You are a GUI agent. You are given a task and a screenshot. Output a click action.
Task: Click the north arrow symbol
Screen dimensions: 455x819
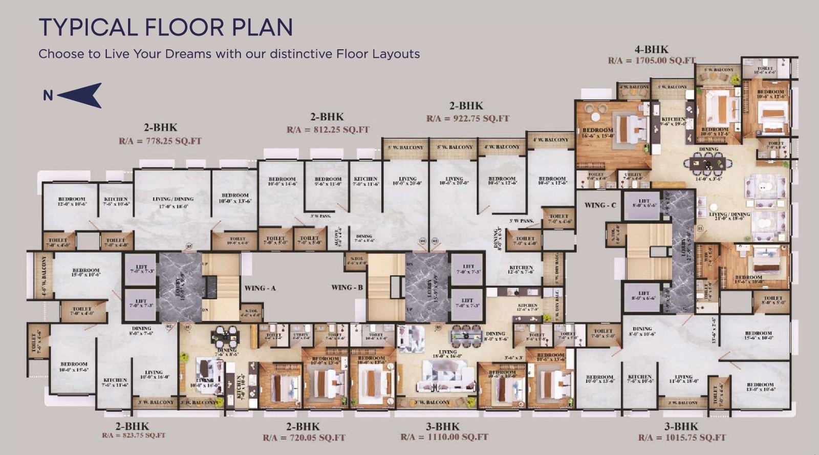click(x=81, y=96)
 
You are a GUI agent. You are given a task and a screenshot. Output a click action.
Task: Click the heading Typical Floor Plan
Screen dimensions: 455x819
click(x=165, y=27)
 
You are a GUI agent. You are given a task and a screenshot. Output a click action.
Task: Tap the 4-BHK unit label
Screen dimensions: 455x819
click(x=651, y=50)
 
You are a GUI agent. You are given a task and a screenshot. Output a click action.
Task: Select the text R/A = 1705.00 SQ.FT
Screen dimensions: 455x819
click(x=651, y=60)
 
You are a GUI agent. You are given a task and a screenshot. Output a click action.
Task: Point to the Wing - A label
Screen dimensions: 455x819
click(x=260, y=288)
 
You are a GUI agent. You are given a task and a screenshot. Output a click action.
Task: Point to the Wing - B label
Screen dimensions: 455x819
click(x=347, y=288)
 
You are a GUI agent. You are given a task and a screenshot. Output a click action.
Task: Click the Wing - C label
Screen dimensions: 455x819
click(x=600, y=205)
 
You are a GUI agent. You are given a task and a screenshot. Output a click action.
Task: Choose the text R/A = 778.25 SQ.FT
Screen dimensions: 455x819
click(x=160, y=141)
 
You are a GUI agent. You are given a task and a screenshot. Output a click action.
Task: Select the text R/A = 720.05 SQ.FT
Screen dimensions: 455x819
click(x=304, y=438)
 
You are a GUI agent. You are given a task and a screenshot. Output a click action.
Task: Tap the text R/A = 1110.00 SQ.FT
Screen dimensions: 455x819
click(x=444, y=437)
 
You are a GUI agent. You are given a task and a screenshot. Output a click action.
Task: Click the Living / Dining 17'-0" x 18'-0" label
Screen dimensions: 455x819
click(x=173, y=202)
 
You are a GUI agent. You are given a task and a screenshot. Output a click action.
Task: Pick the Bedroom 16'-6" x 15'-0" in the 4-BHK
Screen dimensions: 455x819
click(x=597, y=133)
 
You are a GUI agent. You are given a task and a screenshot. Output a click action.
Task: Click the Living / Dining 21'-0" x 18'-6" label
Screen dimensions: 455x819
click(x=729, y=216)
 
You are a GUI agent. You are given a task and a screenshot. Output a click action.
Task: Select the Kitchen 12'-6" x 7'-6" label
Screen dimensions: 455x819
click(x=521, y=270)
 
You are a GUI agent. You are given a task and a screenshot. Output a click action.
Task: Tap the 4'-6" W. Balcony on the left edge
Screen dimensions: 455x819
click(x=45, y=277)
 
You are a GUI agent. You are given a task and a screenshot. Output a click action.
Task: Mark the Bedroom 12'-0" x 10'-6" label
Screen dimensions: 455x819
click(x=72, y=201)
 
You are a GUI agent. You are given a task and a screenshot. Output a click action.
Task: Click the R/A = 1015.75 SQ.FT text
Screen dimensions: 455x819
click(x=681, y=438)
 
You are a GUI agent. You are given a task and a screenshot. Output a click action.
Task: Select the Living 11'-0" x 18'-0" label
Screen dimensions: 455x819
click(x=683, y=379)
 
